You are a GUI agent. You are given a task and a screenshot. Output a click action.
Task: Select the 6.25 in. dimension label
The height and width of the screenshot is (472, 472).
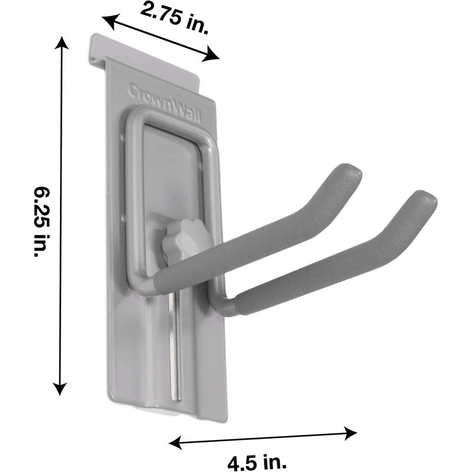42,222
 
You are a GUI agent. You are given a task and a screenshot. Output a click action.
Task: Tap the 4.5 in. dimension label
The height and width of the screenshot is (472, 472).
257,463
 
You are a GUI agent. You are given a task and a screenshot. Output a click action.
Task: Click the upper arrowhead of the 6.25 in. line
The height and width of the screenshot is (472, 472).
61,42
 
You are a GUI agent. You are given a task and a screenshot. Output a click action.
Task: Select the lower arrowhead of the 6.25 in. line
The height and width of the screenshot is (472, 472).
60,388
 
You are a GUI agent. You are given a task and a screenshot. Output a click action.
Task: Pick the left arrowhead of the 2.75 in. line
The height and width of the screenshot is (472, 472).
108,21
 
